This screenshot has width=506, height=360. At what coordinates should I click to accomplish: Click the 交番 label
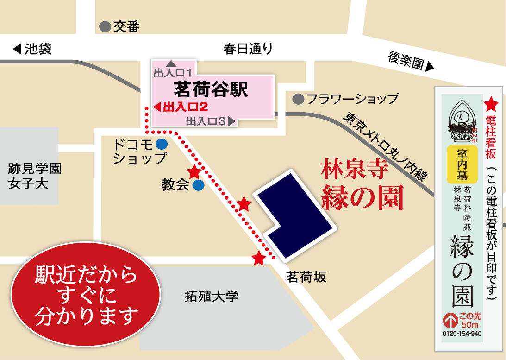tap(126, 26)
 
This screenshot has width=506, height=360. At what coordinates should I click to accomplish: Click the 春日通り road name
tap(248, 49)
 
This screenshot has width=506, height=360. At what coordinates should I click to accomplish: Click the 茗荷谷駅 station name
tap(211, 88)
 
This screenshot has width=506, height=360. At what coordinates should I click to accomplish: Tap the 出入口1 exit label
tap(173, 72)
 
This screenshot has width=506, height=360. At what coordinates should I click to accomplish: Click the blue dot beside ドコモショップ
tap(161, 145)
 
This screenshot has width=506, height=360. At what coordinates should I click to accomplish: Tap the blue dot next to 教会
tap(198, 185)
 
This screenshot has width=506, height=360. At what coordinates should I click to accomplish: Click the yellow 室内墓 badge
tap(462, 164)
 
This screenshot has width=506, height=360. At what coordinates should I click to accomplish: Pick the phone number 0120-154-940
tap(462, 334)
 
